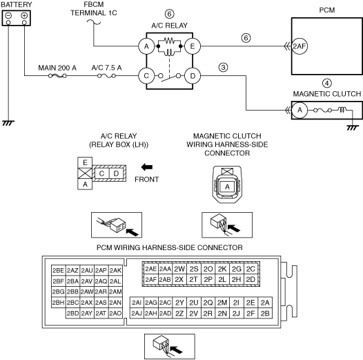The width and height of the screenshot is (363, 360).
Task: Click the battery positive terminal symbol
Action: click(x=24, y=15)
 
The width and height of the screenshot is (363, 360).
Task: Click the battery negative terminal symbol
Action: click(x=8, y=15)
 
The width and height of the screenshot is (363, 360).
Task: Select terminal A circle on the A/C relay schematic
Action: click(x=146, y=46)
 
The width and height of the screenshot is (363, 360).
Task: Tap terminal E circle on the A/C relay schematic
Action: click(x=193, y=46)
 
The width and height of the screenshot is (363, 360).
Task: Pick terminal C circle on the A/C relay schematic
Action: click(x=146, y=76)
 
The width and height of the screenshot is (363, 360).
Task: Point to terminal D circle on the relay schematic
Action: click(x=193, y=76)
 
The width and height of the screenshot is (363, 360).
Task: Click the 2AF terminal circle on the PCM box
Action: click(x=300, y=46)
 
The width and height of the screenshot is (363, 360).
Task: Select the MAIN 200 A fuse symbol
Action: click(x=57, y=76)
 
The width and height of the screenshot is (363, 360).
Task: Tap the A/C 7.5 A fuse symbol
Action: click(x=106, y=76)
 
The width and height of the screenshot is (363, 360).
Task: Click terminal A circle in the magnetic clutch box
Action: click(x=300, y=110)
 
